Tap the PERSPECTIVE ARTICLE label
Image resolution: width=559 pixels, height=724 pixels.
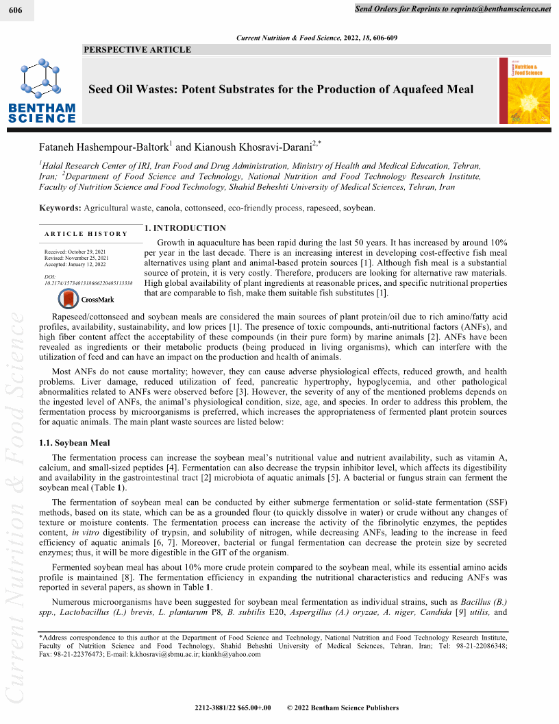click(137, 49)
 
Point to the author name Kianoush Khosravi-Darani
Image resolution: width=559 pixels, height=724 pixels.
click(248, 146)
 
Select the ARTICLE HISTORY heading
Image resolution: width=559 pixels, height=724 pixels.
click(86, 234)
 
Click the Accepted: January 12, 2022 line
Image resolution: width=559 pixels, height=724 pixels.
click(75, 264)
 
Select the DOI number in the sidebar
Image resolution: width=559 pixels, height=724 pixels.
click(88, 282)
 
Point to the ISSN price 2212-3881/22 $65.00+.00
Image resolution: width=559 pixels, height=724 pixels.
click(233, 708)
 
